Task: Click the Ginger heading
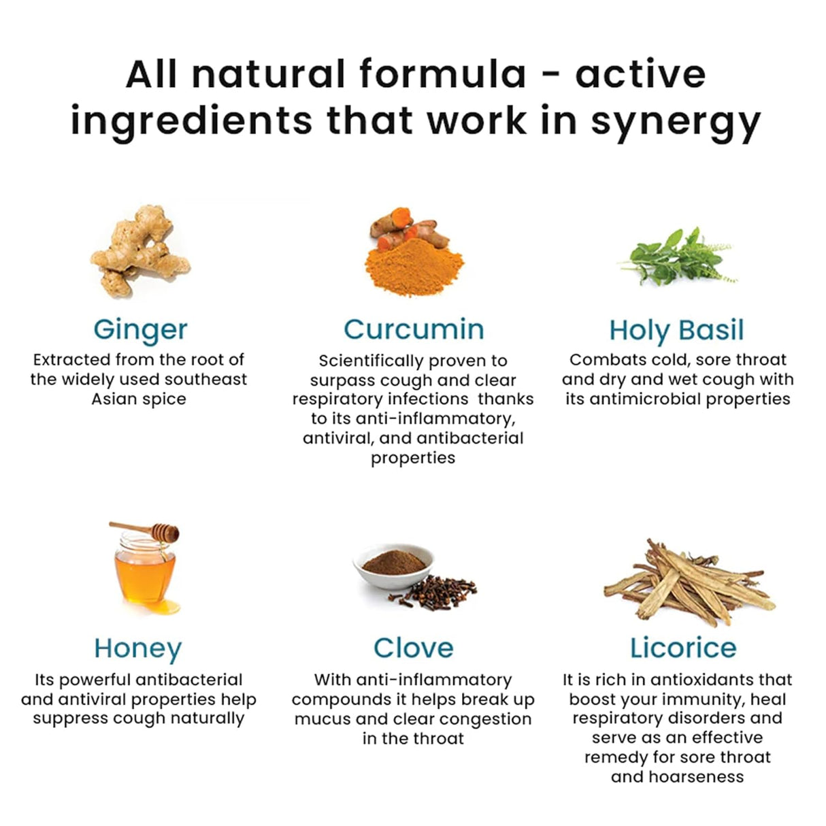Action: pos(140,330)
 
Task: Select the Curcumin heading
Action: pos(414,329)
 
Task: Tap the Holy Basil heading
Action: pos(676,330)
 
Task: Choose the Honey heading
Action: pos(138,648)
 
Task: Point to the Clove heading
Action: pos(413,648)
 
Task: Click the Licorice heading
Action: pos(683,648)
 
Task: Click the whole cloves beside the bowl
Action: pos(441,589)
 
